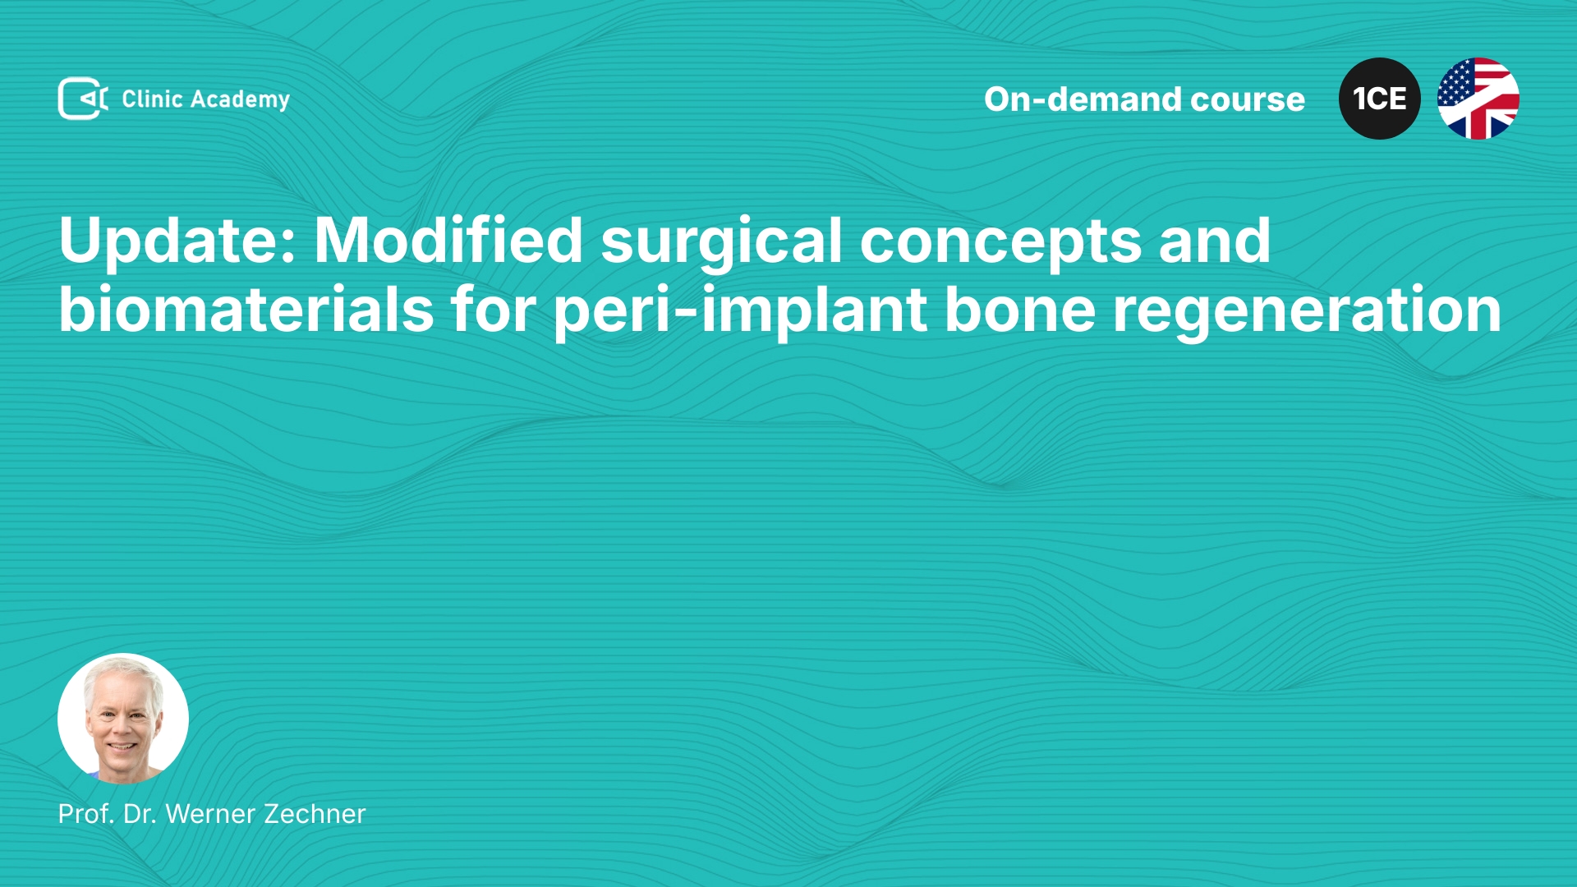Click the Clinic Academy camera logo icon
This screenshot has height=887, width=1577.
(x=83, y=99)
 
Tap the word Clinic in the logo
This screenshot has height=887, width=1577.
(x=152, y=99)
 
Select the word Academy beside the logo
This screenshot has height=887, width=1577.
(x=240, y=100)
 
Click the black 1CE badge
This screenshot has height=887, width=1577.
(x=1380, y=99)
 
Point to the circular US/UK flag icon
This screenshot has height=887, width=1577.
(x=1478, y=99)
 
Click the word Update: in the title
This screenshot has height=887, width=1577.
(x=177, y=241)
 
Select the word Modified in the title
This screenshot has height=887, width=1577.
(x=448, y=239)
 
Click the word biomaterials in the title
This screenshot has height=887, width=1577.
(x=246, y=309)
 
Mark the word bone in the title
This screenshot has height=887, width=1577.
(x=1020, y=310)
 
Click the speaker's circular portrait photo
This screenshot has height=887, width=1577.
(x=123, y=719)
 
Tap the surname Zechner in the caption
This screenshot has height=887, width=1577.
(x=315, y=814)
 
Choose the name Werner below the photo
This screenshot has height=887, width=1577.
(x=211, y=814)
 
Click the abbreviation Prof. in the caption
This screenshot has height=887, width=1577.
(x=87, y=814)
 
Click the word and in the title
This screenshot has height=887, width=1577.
(x=1215, y=239)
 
